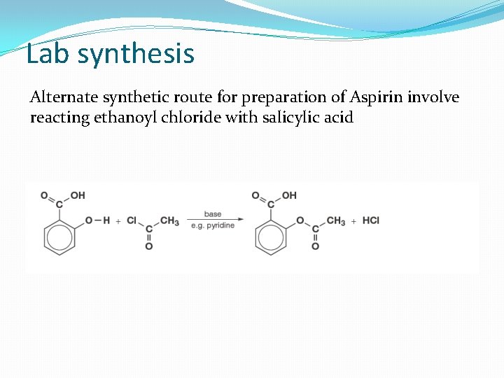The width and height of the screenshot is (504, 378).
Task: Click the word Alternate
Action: (65, 97)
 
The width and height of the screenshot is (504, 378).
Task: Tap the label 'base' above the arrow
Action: (213, 213)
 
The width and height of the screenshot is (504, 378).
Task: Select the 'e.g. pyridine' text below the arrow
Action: (213, 227)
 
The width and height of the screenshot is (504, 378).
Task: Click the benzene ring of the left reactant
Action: (59, 237)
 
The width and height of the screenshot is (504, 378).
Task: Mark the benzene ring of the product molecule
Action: (272, 237)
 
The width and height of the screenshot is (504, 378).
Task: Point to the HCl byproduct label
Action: (371, 220)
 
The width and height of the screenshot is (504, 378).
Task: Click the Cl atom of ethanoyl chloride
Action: (132, 220)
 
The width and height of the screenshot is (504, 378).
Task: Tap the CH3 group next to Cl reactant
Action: (169, 220)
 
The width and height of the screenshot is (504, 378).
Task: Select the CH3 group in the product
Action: (335, 220)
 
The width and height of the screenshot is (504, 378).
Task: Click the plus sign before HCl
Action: (353, 221)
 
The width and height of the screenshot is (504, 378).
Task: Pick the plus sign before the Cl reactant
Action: (118, 221)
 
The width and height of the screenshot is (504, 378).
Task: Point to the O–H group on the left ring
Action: (97, 220)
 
